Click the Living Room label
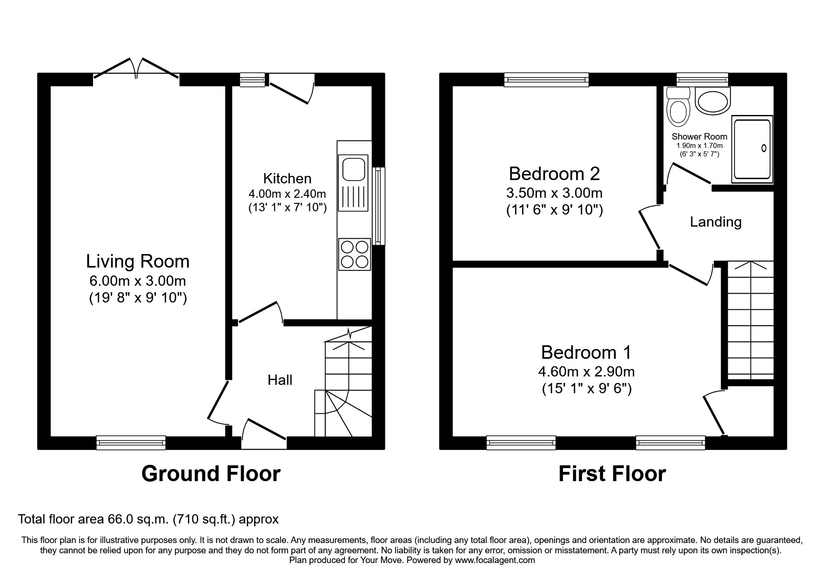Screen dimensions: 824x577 [x=138, y=262]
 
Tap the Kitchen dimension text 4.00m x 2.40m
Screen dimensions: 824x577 [x=288, y=194]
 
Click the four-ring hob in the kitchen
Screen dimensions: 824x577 [x=355, y=254]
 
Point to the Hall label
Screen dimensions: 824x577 [x=280, y=380]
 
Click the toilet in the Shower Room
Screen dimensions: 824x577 [x=677, y=106]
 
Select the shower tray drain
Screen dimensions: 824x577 [x=764, y=148]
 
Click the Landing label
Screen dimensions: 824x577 [x=716, y=222]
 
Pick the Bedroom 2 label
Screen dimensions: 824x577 [x=555, y=174]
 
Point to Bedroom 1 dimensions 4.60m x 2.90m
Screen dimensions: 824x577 [x=587, y=372]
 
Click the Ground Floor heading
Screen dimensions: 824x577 [x=211, y=474]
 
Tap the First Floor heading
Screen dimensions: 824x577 [x=612, y=474]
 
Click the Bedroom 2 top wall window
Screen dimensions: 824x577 [x=547, y=80]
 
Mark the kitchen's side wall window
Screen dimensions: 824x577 [x=379, y=206]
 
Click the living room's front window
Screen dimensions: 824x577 [x=131, y=443]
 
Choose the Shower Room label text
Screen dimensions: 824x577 [x=699, y=137]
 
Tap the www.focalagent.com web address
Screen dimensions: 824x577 [x=495, y=560]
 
